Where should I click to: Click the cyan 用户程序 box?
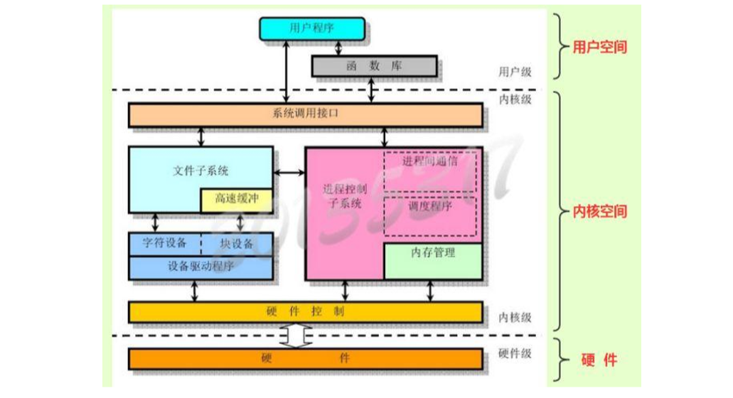[313, 28]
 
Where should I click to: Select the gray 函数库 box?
[375, 66]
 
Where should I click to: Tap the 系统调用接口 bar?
[306, 115]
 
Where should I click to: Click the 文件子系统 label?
[200, 171]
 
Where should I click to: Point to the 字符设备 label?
[165, 244]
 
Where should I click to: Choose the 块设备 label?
[236, 244]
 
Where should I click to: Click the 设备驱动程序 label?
[200, 267]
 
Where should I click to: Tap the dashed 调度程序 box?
[430, 216]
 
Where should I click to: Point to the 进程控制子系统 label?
[343, 197]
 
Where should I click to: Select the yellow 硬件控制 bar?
[306, 312]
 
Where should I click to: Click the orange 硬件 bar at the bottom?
[306, 359]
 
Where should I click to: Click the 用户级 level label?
[515, 72]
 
